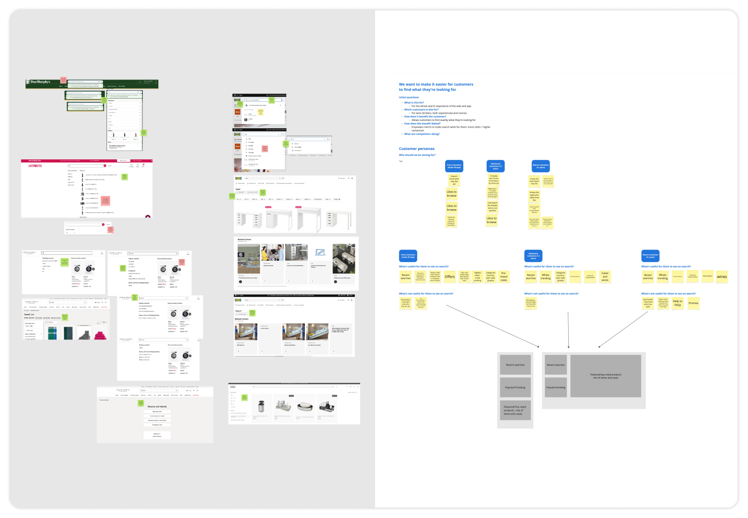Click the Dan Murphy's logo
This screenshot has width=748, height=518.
point(39,82)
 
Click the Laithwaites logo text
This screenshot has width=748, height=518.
point(35,166)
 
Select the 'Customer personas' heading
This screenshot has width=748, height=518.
point(417,149)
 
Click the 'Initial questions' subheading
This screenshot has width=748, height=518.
point(409,98)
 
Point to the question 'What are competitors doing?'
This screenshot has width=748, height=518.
point(422,134)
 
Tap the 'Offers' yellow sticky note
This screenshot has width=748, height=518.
point(450,277)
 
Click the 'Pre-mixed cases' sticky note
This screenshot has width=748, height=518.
point(504,277)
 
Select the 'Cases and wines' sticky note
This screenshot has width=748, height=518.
point(605,277)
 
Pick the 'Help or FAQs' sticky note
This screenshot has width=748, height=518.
point(677,303)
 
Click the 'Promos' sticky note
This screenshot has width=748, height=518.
point(693,303)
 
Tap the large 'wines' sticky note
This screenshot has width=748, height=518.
point(722,277)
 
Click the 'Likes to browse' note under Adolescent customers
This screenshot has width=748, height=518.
point(491,220)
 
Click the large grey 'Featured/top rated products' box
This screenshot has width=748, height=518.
point(606,376)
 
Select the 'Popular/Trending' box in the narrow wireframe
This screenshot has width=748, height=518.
point(515,387)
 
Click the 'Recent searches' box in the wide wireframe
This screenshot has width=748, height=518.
point(556,365)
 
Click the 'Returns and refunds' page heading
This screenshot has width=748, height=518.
point(157,406)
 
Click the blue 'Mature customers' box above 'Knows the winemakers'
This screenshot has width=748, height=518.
point(541,166)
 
